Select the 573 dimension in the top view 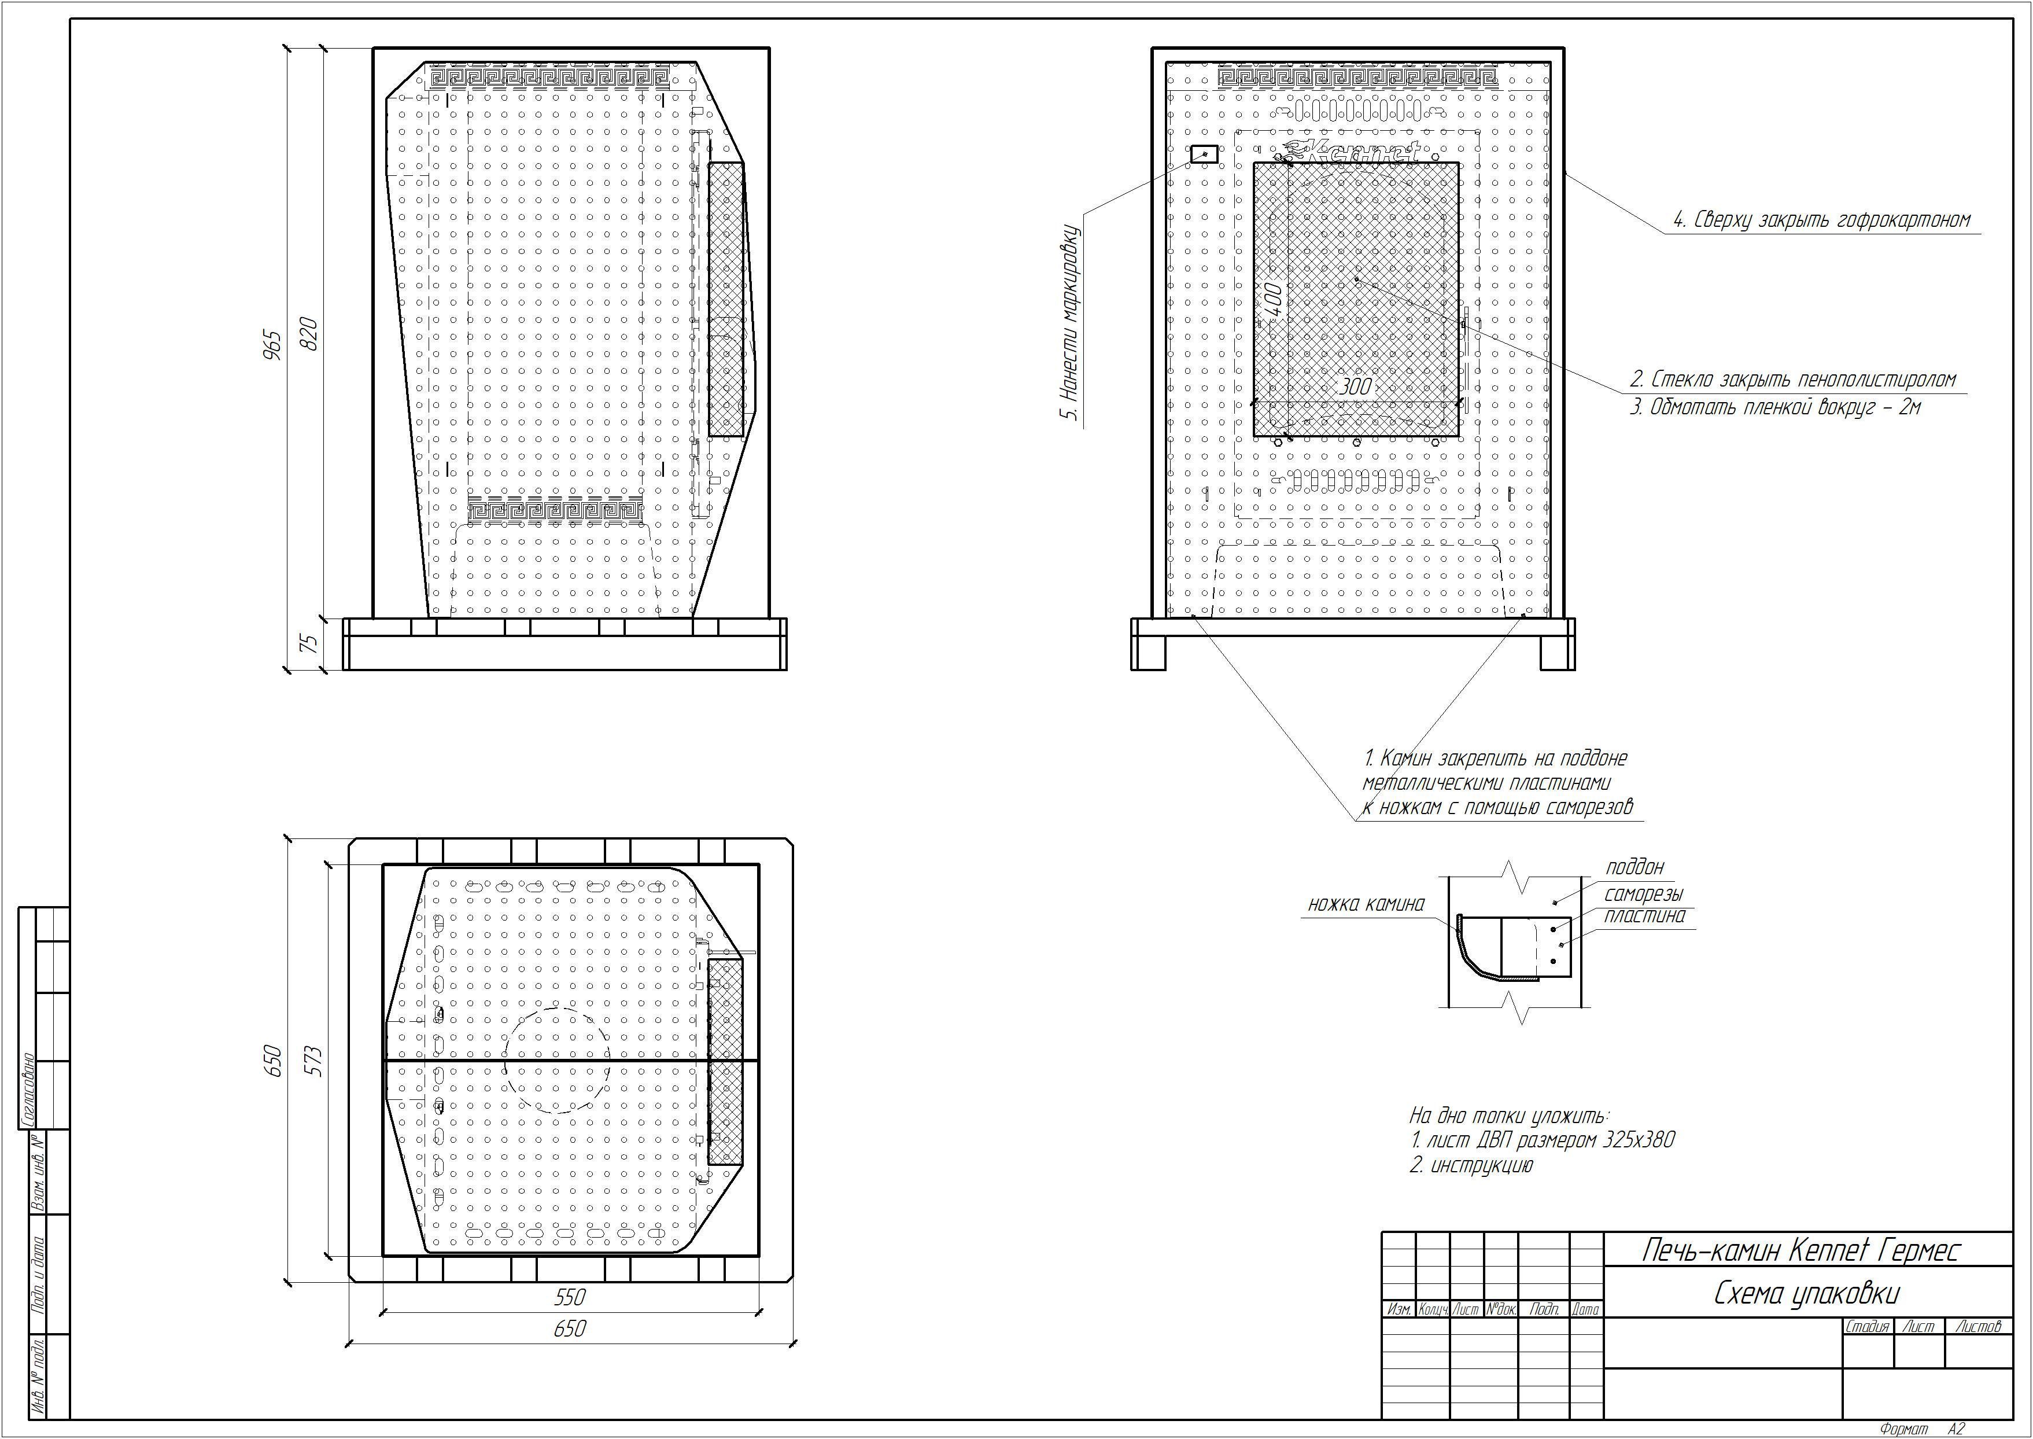coord(313,1061)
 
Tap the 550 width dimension coord(570,1297)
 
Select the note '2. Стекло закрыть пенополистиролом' coord(1793,380)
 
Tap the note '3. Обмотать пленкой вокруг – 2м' coord(1775,407)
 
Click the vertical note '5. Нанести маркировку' coord(1071,323)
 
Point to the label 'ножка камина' coord(1367,904)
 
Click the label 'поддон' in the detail coord(1634,867)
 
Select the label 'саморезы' coord(1643,894)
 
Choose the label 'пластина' coord(1644,916)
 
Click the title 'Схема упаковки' coord(1807,1294)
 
